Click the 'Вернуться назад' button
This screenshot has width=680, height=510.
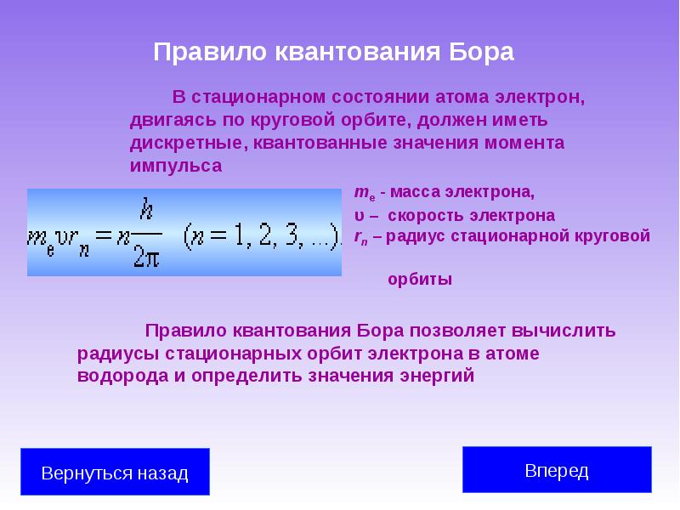pos(115,473)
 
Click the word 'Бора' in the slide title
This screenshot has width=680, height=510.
pos(480,52)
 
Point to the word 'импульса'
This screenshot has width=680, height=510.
pos(176,166)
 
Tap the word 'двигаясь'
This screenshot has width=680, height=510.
pos(169,119)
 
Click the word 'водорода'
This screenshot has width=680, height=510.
pos(122,375)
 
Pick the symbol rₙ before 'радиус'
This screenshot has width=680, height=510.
pos(360,236)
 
